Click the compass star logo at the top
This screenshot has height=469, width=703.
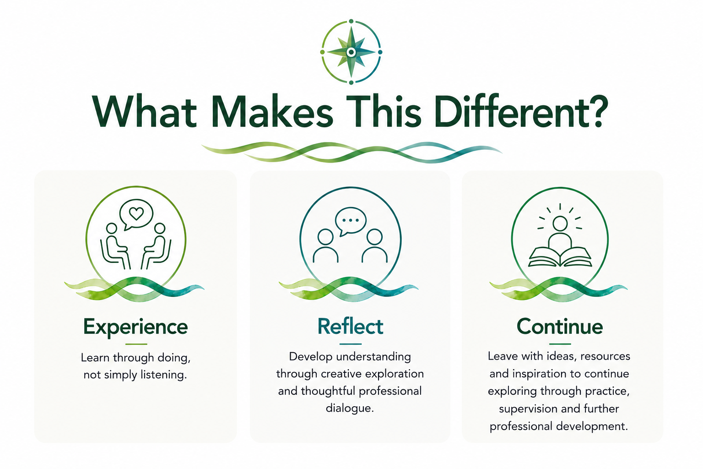tap(351, 52)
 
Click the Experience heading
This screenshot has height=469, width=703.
tap(135, 327)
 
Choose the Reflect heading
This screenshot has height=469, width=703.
tap(350, 327)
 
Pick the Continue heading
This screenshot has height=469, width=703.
tap(560, 327)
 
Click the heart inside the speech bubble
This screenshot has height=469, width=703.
tap(136, 213)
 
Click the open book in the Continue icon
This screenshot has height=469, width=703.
tap(560, 257)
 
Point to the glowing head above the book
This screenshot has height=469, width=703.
tap(560, 224)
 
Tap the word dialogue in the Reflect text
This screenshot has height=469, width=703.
tap(350, 408)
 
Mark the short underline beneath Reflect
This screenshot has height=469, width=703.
tap(351, 344)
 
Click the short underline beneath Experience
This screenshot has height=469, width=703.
tap(136, 344)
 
